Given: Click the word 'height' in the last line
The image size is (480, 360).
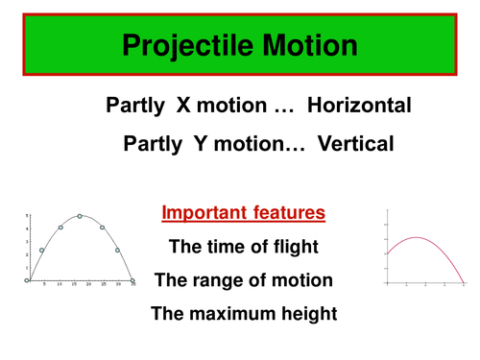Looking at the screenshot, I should (x=302, y=313).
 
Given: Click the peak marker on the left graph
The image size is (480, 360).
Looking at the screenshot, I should (x=80, y=216).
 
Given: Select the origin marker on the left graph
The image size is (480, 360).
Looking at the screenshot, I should (x=27, y=281).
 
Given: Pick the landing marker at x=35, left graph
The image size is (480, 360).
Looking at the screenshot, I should (x=133, y=281).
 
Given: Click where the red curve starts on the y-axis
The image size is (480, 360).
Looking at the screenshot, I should (x=386, y=253).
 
